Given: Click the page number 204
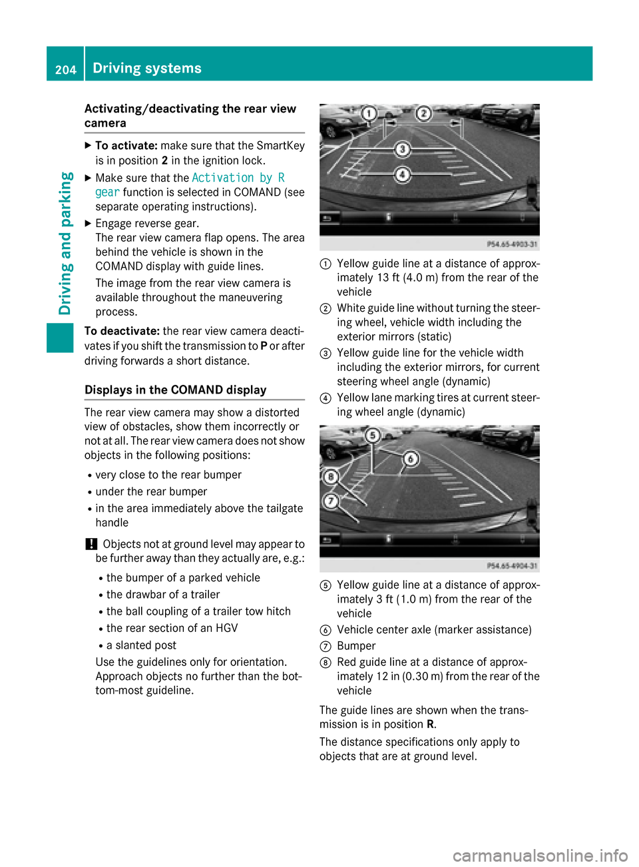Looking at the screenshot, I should [x=65, y=69].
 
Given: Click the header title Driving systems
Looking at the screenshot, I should [x=147, y=68].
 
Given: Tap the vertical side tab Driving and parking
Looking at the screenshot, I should [x=65, y=243].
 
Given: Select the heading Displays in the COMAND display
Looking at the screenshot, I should [x=175, y=390].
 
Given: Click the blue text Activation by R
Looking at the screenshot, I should [x=238, y=178].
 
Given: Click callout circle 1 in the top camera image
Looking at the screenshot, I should [x=368, y=114].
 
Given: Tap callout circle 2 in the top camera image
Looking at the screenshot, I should [x=423, y=113].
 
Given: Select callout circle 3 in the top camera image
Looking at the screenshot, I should [x=402, y=149].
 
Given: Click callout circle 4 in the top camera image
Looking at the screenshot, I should [x=402, y=174].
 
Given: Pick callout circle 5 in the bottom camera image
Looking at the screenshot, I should [x=373, y=435].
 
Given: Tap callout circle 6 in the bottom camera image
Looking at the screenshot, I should [x=411, y=458].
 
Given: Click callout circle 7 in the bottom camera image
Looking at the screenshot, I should [x=330, y=501].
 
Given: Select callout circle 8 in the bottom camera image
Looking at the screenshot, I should [x=330, y=476].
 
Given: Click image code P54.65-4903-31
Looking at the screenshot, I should [x=512, y=244].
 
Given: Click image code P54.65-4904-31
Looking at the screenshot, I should [x=512, y=565].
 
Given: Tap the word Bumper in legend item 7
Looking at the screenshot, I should [x=356, y=646].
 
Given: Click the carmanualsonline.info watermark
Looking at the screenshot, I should [x=540, y=855].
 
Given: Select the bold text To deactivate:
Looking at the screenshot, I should [x=122, y=331].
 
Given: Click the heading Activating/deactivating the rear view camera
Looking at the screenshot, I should [x=190, y=116].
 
